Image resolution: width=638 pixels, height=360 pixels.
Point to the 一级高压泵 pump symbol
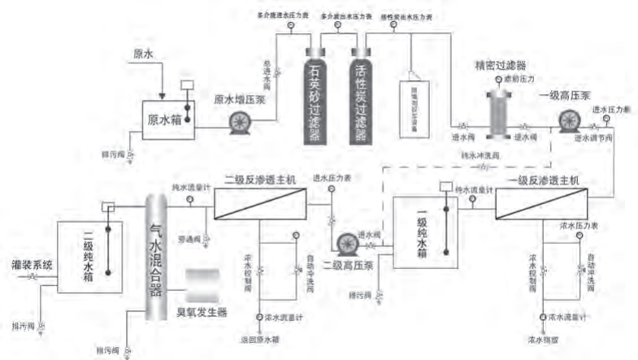(x=568, y=121)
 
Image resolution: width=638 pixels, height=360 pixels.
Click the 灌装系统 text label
(x=33, y=265)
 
